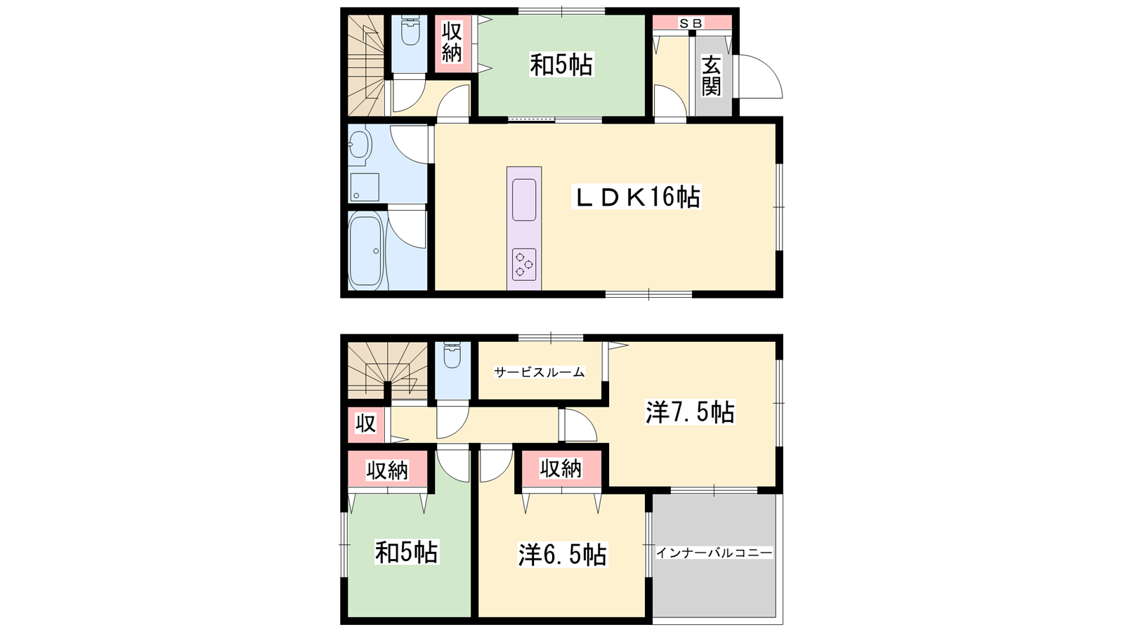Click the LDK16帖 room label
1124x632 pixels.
coord(636,197)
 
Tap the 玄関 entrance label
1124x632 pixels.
coord(712,77)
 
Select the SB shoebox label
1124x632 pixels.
coord(691,23)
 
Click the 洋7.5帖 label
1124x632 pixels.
coord(690,412)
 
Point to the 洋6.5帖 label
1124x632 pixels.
coord(562,555)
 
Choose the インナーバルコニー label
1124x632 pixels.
coord(714,553)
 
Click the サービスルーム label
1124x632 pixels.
coord(540,372)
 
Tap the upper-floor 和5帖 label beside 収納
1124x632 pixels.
coord(561,65)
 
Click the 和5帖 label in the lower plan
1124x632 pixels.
coord(407,552)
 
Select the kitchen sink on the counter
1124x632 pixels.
coord(524,199)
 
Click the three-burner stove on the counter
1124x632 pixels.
coord(524,264)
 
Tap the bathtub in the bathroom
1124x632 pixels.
coord(365,250)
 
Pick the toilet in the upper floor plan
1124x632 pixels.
coord(410,30)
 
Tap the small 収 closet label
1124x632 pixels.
coord(365,424)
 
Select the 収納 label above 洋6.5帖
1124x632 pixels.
coord(561,468)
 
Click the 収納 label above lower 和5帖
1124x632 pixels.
coord(387,470)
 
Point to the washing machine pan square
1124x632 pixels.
coord(365,187)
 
